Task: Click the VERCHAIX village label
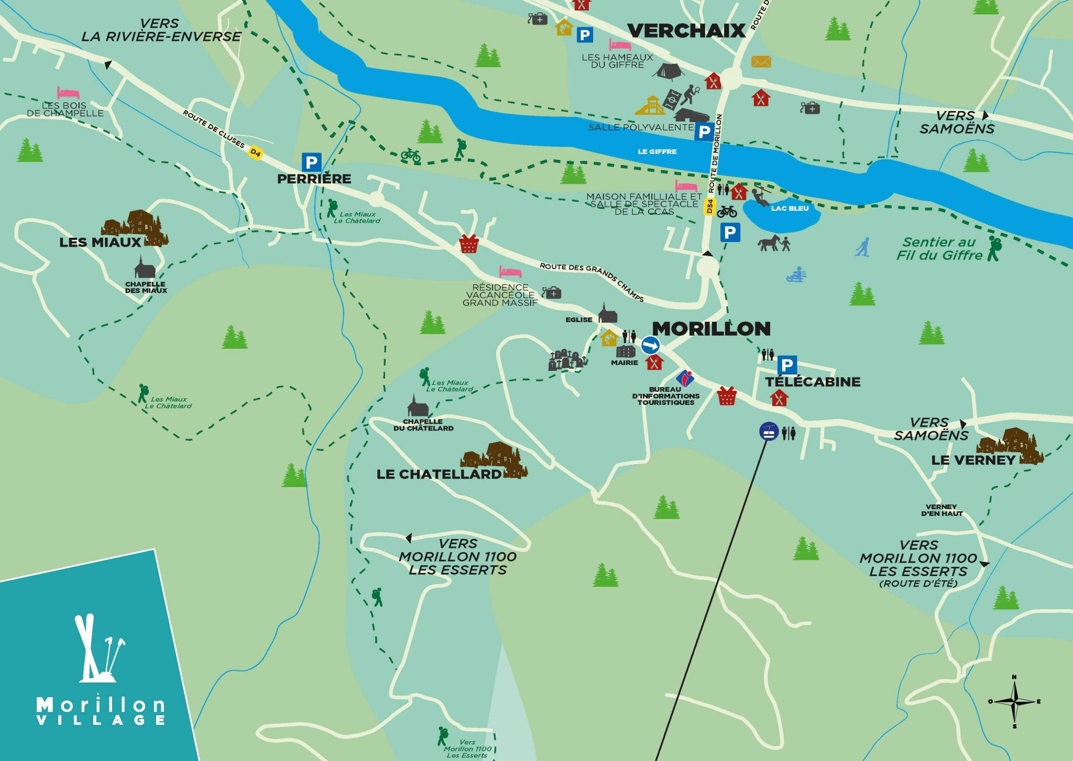[x=686, y=31]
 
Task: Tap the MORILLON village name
[x=711, y=329]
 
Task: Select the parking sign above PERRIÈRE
[x=311, y=162]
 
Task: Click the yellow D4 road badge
[x=255, y=152]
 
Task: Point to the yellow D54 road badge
[x=709, y=206]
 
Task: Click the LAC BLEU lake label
[x=790, y=208]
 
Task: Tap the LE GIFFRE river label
[x=657, y=152]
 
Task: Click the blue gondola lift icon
[x=769, y=432]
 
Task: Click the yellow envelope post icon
[x=761, y=62]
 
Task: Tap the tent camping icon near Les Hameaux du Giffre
[x=669, y=72]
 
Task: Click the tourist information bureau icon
[x=685, y=378]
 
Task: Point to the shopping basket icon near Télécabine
[x=727, y=396]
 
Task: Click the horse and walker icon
[x=773, y=243]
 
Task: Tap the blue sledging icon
[x=796, y=274]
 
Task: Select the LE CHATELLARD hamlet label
[x=439, y=475]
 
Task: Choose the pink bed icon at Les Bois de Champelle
[x=68, y=93]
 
